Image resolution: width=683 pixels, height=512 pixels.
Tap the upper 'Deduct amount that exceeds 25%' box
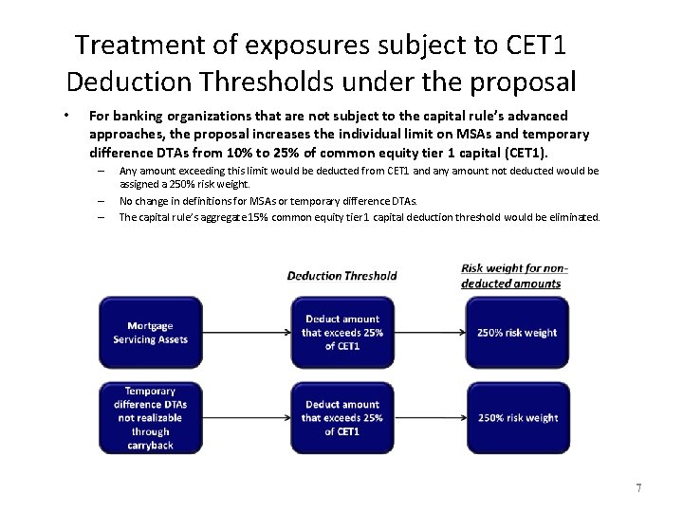pos(341,333)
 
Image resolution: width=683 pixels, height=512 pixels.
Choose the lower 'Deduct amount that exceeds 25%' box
pos(341,417)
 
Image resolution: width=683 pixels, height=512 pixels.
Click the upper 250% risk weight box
pos(518,333)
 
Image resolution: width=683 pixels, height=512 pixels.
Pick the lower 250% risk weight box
pos(518,417)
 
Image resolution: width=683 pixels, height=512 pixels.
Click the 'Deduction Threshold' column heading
pos(341,276)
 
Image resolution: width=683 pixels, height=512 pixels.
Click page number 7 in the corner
pos(639,488)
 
